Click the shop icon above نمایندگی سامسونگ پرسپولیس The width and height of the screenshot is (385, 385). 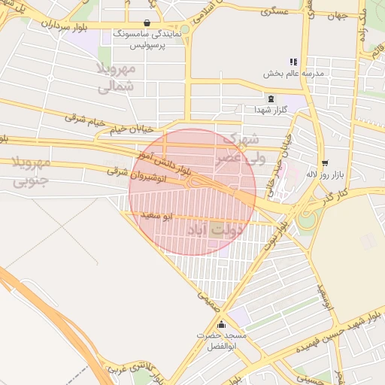pyautogui.click(x=146, y=23)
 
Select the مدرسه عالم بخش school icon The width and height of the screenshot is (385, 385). pyautogui.click(x=293, y=62)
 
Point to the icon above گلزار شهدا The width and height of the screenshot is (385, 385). pyautogui.click(x=270, y=99)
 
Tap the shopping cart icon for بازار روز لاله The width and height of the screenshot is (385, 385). pyautogui.click(x=324, y=162)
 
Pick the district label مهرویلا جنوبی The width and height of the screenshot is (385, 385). pyautogui.click(x=31, y=171)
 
